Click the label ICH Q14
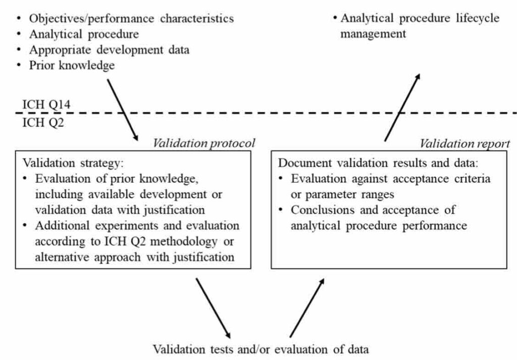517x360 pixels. [46, 105]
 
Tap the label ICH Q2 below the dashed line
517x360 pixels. [43, 123]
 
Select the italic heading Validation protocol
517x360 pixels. [204, 143]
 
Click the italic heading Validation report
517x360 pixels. [465, 143]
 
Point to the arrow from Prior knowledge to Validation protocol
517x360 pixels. [123, 110]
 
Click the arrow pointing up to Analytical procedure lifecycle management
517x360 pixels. [402, 107]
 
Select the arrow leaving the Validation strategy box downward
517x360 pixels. [214, 308]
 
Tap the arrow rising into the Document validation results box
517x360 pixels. [307, 308]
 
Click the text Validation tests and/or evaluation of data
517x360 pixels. [261, 349]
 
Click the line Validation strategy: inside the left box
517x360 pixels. [73, 163]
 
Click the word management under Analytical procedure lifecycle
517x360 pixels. [373, 34]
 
